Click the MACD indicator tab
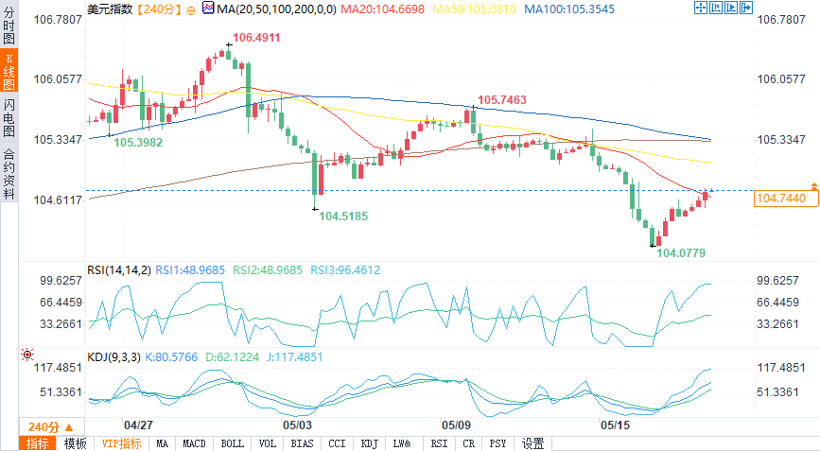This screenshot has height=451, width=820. [194, 443]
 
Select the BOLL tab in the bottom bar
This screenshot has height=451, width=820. [232, 443]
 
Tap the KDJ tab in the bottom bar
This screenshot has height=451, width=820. [368, 443]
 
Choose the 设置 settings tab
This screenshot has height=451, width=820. [532, 443]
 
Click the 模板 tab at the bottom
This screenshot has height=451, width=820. [75, 443]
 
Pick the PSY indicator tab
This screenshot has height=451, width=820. [498, 443]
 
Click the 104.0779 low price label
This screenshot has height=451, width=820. [681, 253]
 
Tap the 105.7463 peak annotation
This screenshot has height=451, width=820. [502, 99]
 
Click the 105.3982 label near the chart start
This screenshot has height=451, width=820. [138, 142]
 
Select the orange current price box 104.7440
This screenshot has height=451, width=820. [780, 199]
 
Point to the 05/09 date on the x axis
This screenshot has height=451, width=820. [456, 425]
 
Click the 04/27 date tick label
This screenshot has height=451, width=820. [139, 425]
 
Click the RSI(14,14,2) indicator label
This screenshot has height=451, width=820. [118, 270]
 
